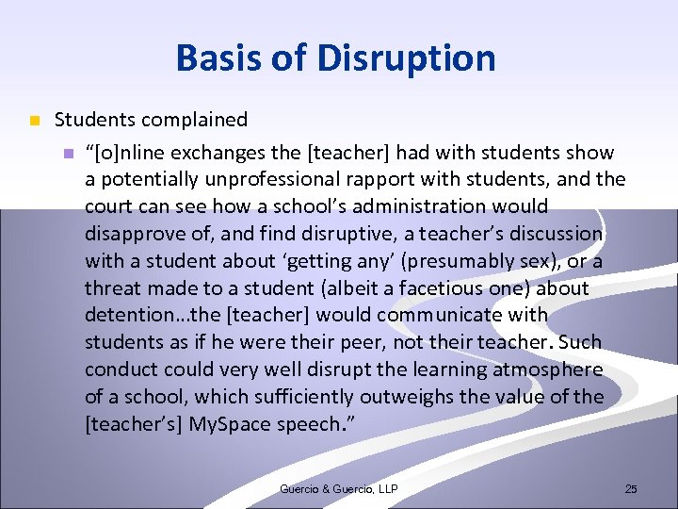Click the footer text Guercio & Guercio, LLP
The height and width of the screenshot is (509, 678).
(x=339, y=488)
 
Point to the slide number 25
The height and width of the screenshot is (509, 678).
(x=631, y=488)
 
